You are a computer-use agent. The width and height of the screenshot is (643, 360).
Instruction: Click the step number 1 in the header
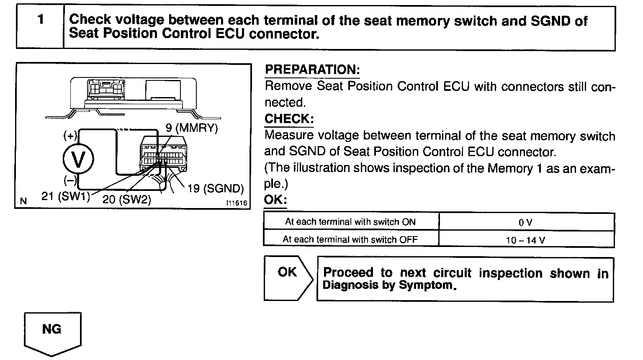[x=40, y=20]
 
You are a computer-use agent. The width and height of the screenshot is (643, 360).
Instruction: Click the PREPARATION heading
[x=312, y=69]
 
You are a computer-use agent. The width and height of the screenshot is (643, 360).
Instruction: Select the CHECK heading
[x=289, y=119]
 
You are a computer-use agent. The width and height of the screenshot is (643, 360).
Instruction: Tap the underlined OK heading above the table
[x=275, y=200]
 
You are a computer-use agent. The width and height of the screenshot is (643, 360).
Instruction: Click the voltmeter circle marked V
[x=78, y=159]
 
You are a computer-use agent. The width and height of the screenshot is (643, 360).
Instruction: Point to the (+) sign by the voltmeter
[x=70, y=135]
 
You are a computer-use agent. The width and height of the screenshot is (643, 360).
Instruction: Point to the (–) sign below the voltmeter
[x=70, y=180]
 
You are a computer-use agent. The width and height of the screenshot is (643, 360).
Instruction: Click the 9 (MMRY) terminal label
[x=192, y=128]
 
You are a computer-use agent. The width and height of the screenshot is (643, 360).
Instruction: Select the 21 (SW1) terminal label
[x=66, y=196]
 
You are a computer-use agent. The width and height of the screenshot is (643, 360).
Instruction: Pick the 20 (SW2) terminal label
[x=126, y=199]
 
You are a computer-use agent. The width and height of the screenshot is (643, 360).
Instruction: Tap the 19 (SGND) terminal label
[x=215, y=189]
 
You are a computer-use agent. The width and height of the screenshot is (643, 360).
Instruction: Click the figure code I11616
[x=237, y=203]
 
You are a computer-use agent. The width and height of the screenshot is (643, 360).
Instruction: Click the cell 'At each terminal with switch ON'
[x=350, y=222]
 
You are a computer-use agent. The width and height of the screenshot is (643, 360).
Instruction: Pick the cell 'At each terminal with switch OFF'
[x=350, y=239]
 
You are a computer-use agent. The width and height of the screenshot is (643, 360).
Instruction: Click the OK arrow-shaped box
[x=288, y=278]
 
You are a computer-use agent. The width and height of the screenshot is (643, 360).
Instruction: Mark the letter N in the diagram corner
[x=23, y=202]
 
